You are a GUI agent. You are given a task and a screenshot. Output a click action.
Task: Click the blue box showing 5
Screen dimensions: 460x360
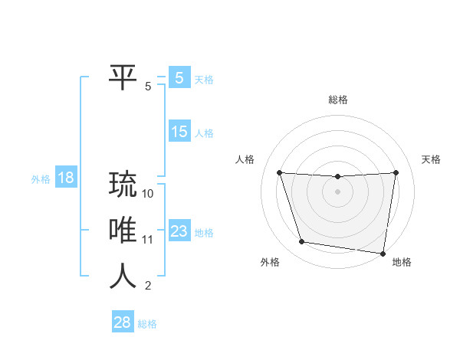coord(179,78)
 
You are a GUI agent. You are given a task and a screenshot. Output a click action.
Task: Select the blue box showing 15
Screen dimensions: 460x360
coord(179,132)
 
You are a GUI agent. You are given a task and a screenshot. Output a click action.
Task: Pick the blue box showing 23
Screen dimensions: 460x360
coord(179,231)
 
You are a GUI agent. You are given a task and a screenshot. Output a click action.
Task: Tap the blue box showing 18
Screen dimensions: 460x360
coord(65,178)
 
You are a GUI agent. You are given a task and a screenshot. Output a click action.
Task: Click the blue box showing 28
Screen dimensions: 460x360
coord(123,322)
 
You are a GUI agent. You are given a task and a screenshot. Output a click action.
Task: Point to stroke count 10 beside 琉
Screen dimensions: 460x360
coord(149,194)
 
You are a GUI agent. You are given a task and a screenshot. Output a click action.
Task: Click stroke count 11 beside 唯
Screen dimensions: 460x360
coord(149,240)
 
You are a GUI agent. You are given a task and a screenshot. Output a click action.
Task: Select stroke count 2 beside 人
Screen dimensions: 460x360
coord(148,286)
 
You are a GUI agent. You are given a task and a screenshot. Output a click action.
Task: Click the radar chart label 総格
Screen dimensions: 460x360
coord(338,100)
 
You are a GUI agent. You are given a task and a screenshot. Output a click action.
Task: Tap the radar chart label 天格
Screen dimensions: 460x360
coord(431,159)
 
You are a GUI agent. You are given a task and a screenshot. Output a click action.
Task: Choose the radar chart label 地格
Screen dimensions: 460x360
coord(402,262)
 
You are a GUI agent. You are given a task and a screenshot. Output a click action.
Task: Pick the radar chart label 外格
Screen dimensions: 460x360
coord(270,262)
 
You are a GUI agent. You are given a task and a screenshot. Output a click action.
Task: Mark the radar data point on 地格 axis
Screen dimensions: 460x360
coord(383,253)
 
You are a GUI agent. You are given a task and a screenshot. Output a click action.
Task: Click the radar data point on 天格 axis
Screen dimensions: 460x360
coord(396,172)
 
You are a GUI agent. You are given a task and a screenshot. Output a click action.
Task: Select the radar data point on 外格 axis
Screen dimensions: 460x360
coord(302,242)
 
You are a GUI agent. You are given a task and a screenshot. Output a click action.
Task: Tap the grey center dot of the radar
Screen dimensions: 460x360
coord(338,191)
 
